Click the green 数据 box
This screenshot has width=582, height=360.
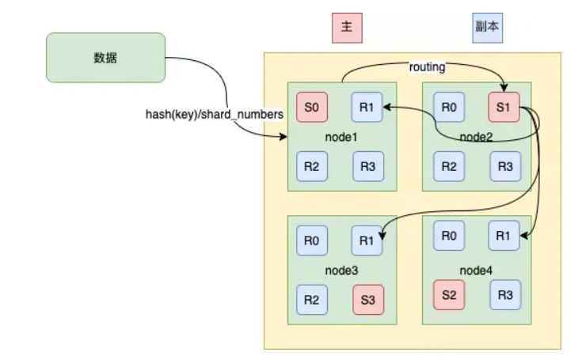[x=106, y=58]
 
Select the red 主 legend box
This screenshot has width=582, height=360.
[x=347, y=28]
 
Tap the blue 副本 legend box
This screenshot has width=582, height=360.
[x=487, y=28]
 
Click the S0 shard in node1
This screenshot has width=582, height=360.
[x=312, y=107]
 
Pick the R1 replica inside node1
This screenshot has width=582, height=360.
[x=367, y=107]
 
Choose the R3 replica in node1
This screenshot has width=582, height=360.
[x=368, y=166]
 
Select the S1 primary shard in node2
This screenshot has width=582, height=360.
[x=504, y=107]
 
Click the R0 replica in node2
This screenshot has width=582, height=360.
[x=449, y=107]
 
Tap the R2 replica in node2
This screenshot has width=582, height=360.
[x=449, y=166]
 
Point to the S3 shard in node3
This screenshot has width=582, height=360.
[x=368, y=300]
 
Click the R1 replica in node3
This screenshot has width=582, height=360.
[x=367, y=241]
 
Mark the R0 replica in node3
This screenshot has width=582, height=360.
[x=312, y=241]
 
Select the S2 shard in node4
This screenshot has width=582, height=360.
[x=449, y=295]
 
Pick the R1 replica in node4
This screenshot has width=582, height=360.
[x=504, y=236]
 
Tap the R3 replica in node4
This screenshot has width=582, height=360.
[x=505, y=295]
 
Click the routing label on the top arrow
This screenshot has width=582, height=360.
[x=428, y=67]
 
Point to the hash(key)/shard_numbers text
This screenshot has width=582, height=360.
[x=214, y=115]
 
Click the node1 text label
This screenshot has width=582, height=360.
[x=341, y=137]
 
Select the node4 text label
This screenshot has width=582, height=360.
[x=476, y=271]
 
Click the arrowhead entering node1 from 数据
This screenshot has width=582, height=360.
[x=283, y=137]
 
